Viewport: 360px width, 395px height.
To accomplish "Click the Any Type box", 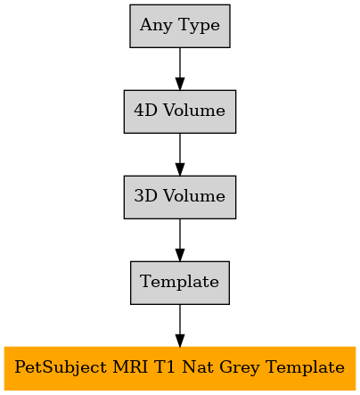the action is point(180,26).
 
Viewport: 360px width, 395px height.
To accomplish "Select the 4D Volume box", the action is point(180,111).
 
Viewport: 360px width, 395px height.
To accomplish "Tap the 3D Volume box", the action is point(180,197).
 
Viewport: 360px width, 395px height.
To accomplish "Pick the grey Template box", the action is point(180,283).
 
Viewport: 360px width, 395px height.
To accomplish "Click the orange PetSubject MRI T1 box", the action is point(180,368).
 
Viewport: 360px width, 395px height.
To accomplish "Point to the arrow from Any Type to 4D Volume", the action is point(180,69).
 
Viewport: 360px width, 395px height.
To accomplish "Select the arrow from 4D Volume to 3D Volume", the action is point(180,154).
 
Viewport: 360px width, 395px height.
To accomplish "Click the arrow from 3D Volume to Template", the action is point(180,240).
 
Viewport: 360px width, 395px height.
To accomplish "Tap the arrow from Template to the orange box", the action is point(180,325).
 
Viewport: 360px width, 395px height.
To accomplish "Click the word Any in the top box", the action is point(156,25).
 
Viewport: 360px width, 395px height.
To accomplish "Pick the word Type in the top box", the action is point(200,25).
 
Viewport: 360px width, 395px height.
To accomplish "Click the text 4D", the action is point(145,111).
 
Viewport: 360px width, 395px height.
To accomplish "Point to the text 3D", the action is point(145,196).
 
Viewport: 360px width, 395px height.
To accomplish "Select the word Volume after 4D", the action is point(194,111).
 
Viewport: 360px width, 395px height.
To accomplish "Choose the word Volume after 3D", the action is point(194,196).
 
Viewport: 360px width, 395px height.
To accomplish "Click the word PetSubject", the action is point(61,367).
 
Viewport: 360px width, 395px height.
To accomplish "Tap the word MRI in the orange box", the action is point(130,367).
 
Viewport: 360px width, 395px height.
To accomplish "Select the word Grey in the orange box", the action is point(240,367).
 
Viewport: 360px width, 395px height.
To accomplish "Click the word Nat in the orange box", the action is point(198,367).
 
